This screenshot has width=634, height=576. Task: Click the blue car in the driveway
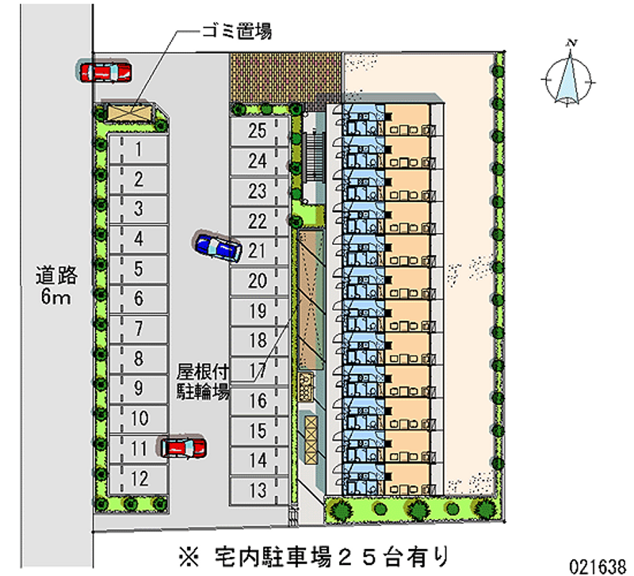pyautogui.click(x=216, y=246)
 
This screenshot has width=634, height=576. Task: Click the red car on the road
pyautogui.click(x=105, y=72)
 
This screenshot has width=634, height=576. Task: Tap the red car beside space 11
pyautogui.click(x=184, y=447)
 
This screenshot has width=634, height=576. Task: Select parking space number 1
pyautogui.click(x=139, y=148)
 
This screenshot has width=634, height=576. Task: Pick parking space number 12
pyautogui.click(x=139, y=478)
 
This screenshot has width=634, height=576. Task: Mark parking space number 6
pyautogui.click(x=139, y=299)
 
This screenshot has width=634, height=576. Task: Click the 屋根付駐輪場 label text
pyautogui.click(x=203, y=380)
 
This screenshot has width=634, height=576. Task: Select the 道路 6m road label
pyautogui.click(x=56, y=287)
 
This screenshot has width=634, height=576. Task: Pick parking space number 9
pyautogui.click(x=139, y=388)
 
